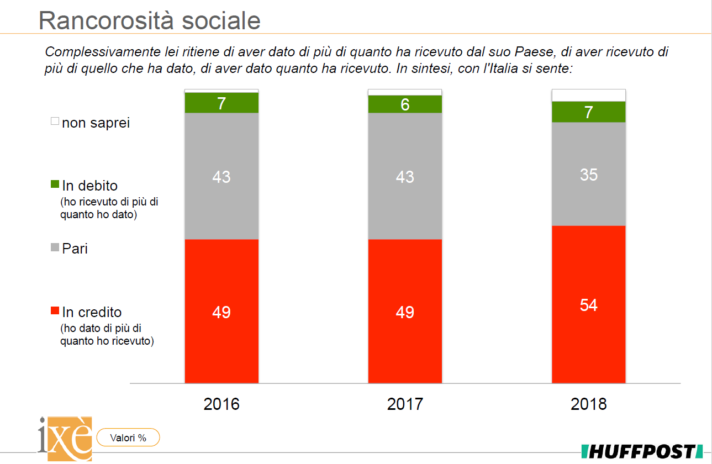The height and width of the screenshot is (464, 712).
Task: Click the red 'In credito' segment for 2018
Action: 588,331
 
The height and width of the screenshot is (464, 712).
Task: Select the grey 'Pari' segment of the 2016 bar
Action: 221,204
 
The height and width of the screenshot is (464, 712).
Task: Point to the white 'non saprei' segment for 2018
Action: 588,95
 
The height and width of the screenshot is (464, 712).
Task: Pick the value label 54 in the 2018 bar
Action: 588,305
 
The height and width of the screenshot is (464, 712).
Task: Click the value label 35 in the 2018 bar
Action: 588,175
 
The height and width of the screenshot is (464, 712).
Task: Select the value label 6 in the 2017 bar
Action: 405,104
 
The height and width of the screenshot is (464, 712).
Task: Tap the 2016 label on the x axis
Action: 221,404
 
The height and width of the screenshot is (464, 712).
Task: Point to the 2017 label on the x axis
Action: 405,404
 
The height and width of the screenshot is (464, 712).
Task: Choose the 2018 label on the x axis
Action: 588,404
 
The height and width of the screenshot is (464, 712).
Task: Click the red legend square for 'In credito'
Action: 55,311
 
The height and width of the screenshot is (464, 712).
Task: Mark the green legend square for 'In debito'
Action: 55,184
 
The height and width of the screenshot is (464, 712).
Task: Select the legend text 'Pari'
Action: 75,249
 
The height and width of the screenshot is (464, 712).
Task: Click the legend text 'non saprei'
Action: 96,123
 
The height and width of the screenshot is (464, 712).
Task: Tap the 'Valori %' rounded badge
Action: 128,438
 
